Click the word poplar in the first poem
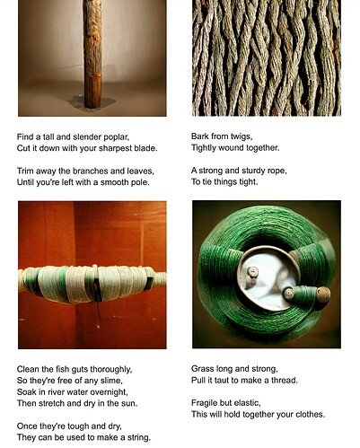tap(117, 137)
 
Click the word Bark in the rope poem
tap(200, 136)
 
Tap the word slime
tap(112, 381)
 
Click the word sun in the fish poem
tap(129, 403)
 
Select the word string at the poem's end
tap(139, 438)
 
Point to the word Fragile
tap(205, 403)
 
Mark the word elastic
tap(247, 403)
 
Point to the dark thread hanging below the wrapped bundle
tap(98, 308)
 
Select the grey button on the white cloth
tap(253, 272)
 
